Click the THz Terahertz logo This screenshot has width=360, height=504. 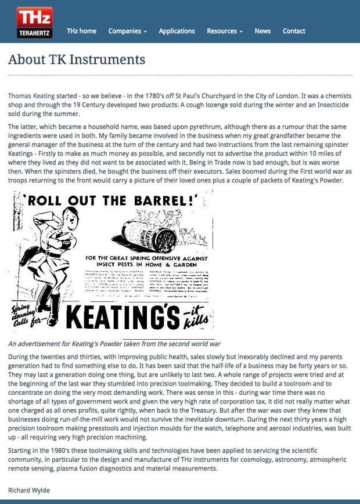(34, 23)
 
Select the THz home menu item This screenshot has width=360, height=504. (81, 31)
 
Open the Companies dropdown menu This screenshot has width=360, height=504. (127, 31)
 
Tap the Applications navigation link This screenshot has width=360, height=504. (177, 31)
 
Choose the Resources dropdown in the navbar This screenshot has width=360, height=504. (224, 31)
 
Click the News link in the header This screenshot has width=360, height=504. (262, 31)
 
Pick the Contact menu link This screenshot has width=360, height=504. (294, 31)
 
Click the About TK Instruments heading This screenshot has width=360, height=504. (77, 59)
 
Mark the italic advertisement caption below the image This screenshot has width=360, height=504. (114, 343)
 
